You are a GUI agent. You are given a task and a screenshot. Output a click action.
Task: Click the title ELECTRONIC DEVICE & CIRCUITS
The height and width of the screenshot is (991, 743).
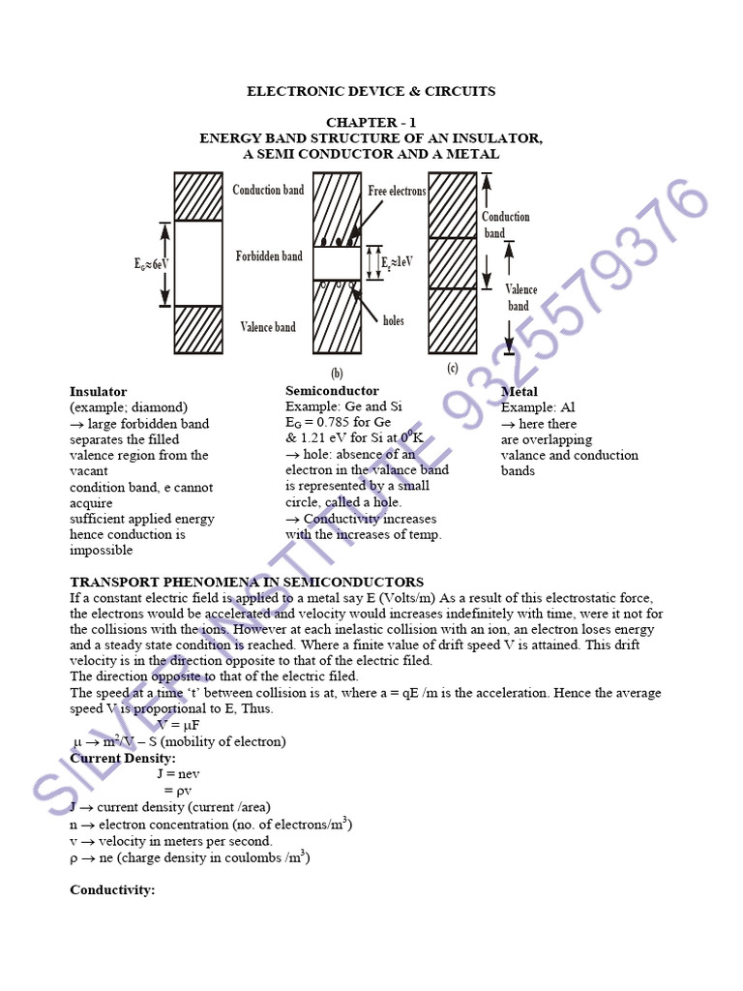pyautogui.click(x=371, y=91)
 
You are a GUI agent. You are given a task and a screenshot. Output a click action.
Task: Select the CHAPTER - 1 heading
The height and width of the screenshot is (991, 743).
pyautogui.click(x=371, y=123)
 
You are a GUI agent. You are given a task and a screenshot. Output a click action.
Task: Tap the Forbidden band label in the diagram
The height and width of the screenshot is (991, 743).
pyautogui.click(x=269, y=256)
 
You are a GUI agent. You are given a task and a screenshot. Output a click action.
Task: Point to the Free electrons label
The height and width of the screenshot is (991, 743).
pyautogui.click(x=397, y=192)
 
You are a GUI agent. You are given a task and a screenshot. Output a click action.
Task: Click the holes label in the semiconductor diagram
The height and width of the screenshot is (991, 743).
pyautogui.click(x=394, y=320)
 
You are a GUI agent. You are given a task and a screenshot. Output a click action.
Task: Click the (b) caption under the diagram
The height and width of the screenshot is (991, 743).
pyautogui.click(x=337, y=373)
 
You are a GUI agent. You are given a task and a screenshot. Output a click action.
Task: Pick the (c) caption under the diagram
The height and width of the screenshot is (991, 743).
pyautogui.click(x=453, y=369)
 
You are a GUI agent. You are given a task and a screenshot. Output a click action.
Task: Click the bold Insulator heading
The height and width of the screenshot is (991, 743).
pyautogui.click(x=98, y=392)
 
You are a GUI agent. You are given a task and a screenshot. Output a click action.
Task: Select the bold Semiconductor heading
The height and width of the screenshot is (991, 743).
pyautogui.click(x=332, y=391)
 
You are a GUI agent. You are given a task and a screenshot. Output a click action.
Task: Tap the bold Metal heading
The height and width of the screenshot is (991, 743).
pyautogui.click(x=520, y=392)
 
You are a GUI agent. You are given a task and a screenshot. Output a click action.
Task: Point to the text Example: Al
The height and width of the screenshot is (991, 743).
pyautogui.click(x=538, y=407)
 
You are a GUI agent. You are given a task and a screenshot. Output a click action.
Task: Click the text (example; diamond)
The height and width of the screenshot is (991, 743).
pyautogui.click(x=129, y=407)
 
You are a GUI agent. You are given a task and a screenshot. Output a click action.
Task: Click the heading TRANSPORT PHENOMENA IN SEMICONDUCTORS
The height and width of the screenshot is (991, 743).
pyautogui.click(x=247, y=582)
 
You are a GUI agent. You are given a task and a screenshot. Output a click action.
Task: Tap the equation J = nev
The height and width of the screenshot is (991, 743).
pyautogui.click(x=178, y=774)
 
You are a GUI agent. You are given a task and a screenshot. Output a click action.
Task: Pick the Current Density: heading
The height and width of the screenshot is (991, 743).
pyautogui.click(x=123, y=758)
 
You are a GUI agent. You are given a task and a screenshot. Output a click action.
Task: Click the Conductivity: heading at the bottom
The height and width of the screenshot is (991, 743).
pyautogui.click(x=112, y=889)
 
